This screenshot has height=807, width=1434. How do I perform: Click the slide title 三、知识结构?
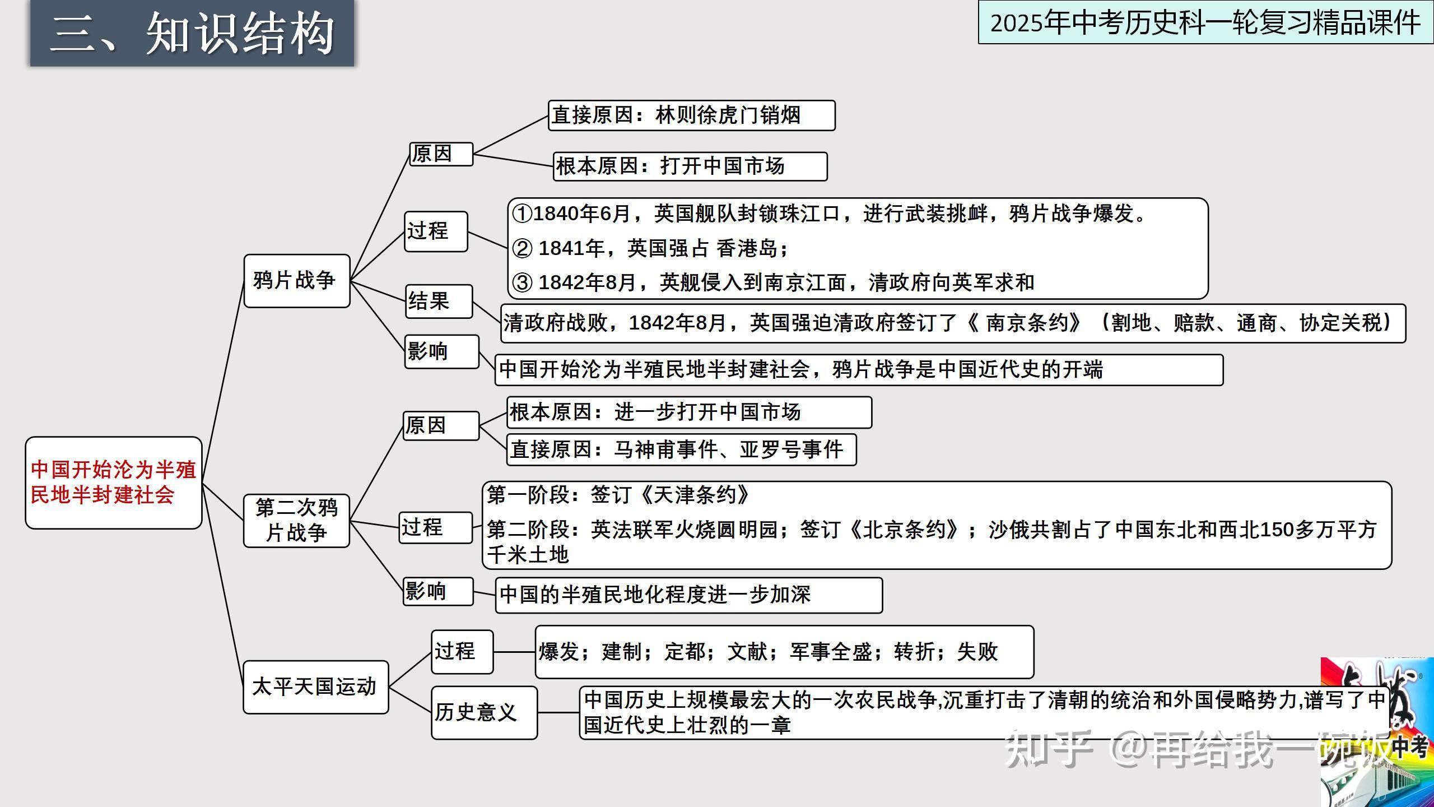[x=192, y=34]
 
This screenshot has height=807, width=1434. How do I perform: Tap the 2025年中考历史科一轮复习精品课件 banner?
[x=1205, y=23]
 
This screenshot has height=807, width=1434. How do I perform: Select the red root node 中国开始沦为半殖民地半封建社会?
[x=113, y=483]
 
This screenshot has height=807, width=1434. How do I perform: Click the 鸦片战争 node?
[x=296, y=281]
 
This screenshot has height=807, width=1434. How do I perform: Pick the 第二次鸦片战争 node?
[x=296, y=521]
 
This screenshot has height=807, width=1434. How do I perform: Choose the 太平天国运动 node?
[x=315, y=687]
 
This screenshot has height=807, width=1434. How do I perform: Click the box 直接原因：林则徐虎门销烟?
[x=691, y=115]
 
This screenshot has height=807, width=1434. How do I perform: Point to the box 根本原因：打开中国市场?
[x=690, y=166]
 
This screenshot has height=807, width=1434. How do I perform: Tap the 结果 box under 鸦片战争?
[x=439, y=302]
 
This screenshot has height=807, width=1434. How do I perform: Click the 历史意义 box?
[x=483, y=712]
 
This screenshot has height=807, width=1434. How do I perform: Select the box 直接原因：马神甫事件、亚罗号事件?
[x=681, y=449]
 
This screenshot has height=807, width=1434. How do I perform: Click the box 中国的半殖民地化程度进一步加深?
[x=688, y=595]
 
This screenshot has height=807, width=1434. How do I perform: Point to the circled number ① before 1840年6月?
[x=522, y=214]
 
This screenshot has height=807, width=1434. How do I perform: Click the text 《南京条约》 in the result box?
[x=1025, y=323]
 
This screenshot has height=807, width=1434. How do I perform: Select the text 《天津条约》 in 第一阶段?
[x=695, y=495]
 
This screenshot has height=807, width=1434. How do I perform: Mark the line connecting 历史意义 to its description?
[x=558, y=713]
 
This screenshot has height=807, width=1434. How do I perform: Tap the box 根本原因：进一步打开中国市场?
[x=688, y=412]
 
